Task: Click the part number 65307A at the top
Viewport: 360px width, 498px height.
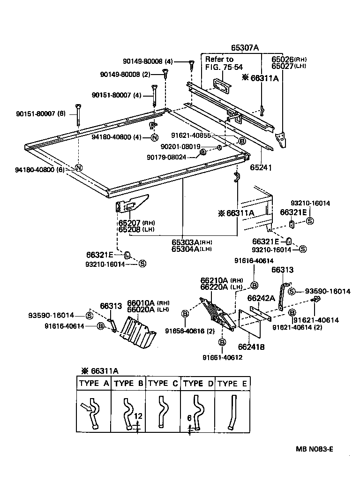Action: (x=245, y=48)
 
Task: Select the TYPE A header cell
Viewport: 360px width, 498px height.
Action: (x=94, y=383)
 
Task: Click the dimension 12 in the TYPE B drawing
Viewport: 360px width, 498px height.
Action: (x=137, y=416)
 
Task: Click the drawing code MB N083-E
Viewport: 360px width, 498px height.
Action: (x=314, y=449)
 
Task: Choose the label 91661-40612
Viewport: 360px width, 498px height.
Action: (x=222, y=357)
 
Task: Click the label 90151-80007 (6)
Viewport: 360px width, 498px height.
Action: (x=41, y=113)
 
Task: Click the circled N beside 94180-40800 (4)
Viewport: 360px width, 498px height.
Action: (x=154, y=137)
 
